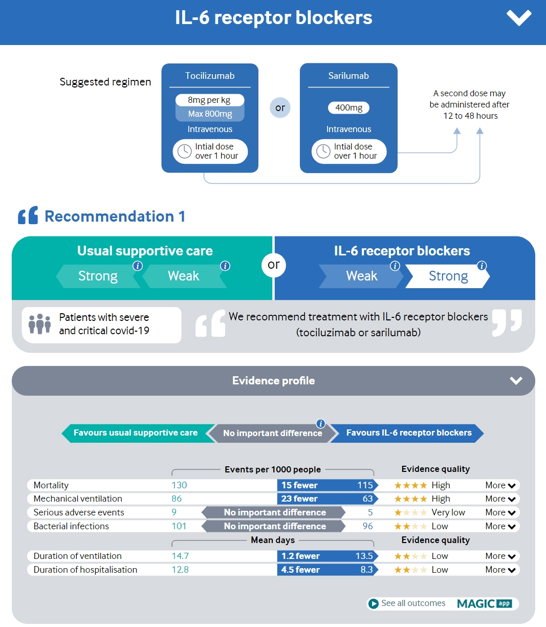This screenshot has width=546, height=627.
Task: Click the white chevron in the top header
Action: [519, 18]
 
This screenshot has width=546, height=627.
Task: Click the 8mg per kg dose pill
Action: [209, 100]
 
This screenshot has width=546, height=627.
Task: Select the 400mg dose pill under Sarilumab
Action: [348, 107]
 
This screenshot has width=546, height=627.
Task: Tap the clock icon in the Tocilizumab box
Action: [184, 152]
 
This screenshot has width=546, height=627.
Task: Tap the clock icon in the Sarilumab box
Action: [323, 152]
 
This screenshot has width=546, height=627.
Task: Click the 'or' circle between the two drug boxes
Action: [280, 107]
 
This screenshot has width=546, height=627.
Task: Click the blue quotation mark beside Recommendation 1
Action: [28, 215]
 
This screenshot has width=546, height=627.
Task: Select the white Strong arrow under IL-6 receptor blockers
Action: [448, 276]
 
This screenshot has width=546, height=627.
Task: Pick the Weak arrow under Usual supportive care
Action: [183, 276]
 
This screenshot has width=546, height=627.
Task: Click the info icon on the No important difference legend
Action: [321, 423]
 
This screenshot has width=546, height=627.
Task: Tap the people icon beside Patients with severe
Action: [39, 324]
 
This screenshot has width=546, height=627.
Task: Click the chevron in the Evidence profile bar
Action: [516, 380]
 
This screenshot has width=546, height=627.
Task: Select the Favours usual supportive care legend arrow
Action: [136, 433]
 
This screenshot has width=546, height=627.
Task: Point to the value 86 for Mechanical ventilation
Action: [177, 499]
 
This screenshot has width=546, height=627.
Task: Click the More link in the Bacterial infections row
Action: [500, 526]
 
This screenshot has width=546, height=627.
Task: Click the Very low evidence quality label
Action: [448, 512]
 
